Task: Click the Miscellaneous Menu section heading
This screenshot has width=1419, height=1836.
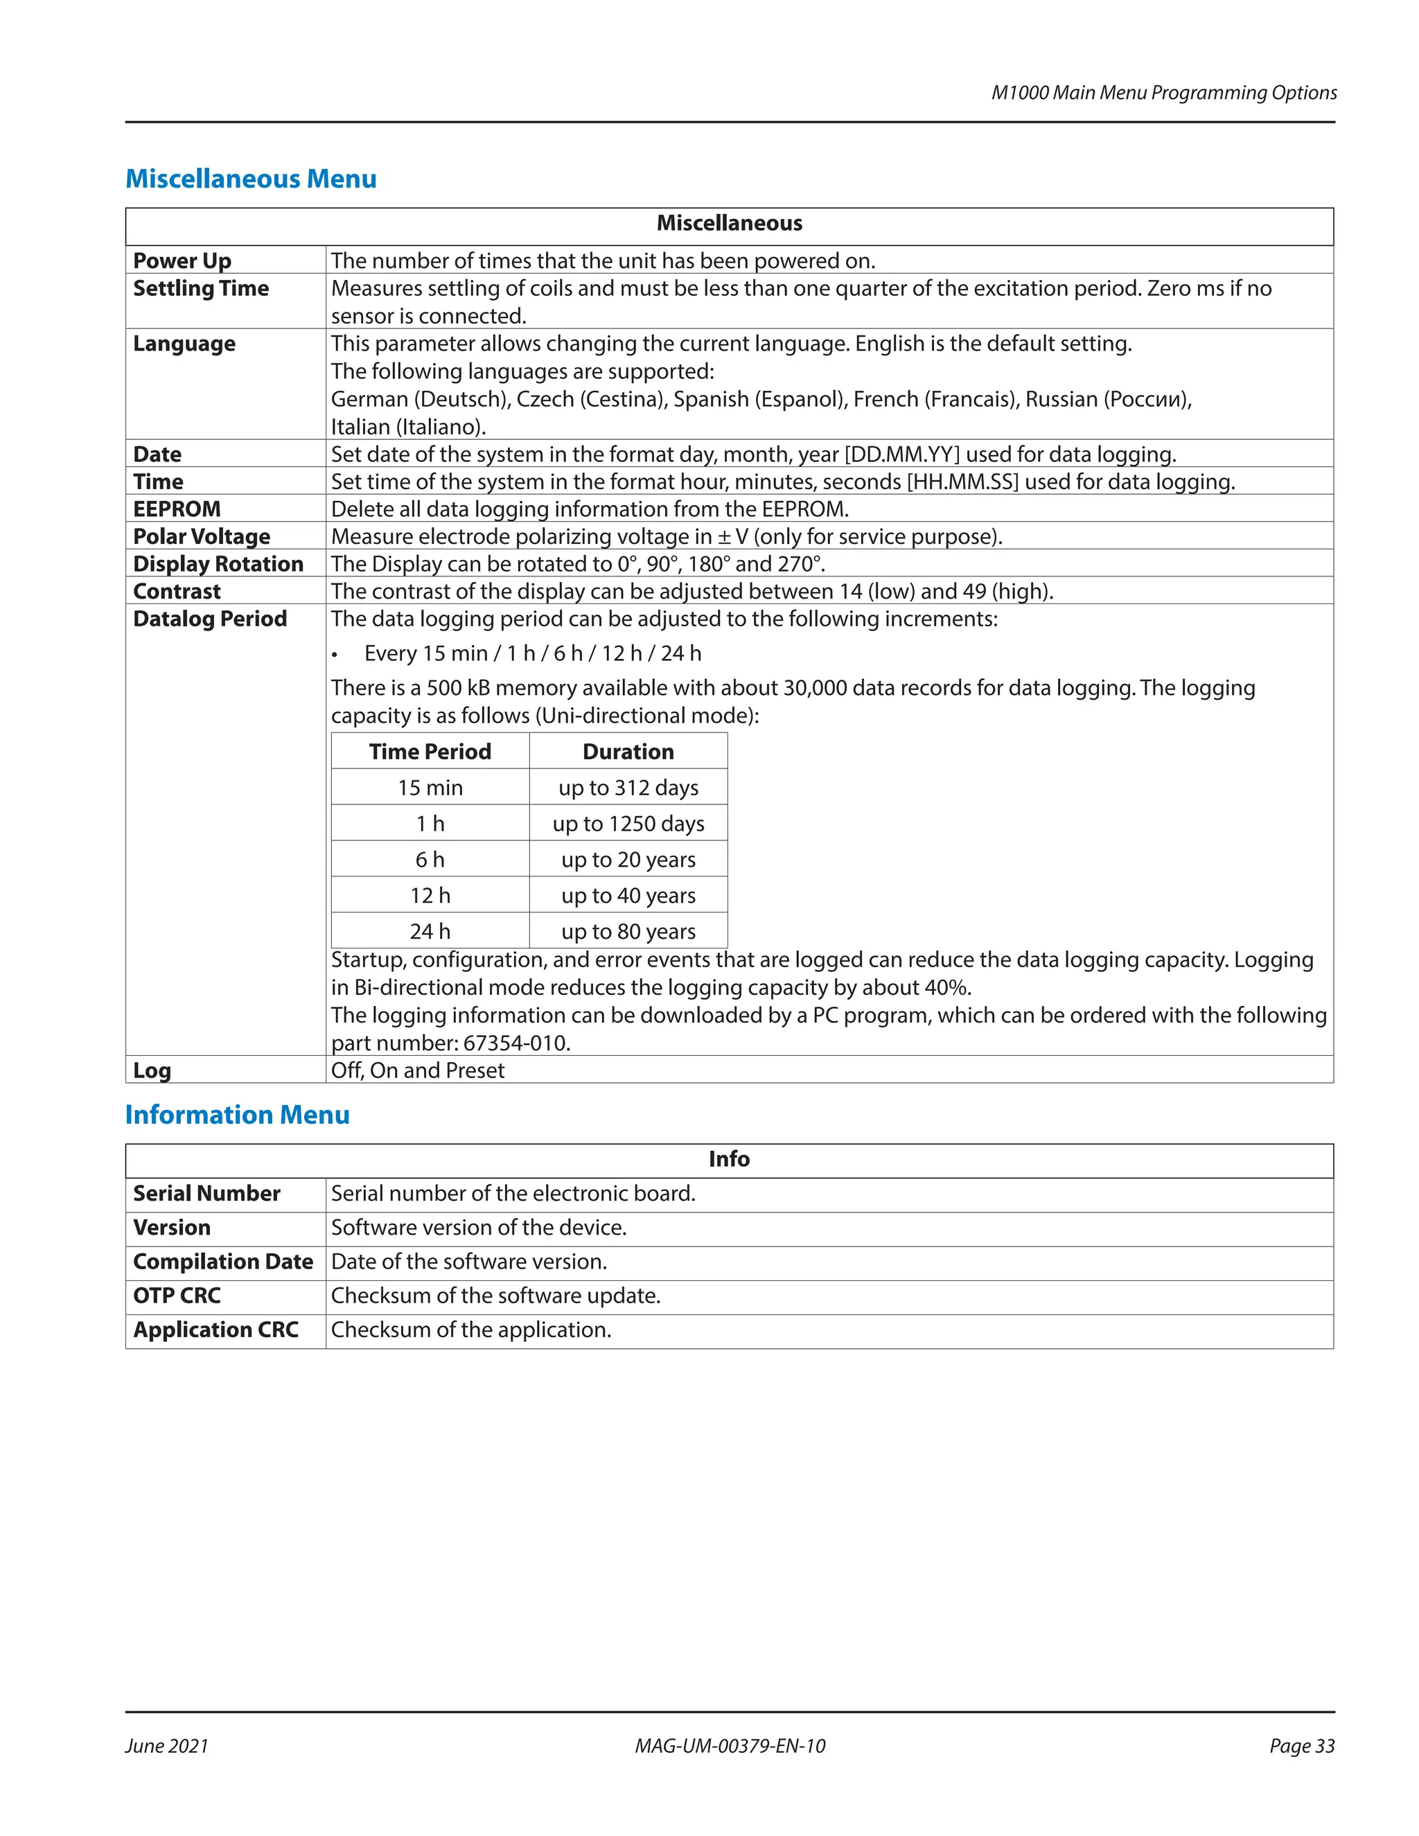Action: point(251,179)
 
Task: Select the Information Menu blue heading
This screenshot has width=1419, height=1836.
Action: point(237,1115)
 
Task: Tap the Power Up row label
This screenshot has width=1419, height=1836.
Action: point(182,261)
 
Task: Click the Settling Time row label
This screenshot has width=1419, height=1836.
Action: point(201,288)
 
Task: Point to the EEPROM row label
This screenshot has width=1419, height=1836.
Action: point(177,509)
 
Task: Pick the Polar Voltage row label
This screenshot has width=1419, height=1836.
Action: point(201,536)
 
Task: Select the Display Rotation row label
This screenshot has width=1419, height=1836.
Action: point(218,564)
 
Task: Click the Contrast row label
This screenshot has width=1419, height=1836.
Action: point(177,591)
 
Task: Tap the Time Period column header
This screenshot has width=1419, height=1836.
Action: point(430,752)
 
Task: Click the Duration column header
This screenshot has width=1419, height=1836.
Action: point(628,752)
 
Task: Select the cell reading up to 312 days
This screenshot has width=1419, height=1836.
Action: point(628,788)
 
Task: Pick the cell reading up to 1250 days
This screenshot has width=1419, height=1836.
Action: point(628,824)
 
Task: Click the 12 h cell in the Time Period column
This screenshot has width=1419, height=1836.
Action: point(430,895)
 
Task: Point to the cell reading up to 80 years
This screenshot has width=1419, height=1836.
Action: point(628,931)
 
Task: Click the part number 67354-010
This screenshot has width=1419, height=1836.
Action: point(516,1043)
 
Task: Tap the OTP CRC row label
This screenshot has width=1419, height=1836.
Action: point(177,1296)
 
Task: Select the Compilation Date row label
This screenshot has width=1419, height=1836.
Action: point(223,1262)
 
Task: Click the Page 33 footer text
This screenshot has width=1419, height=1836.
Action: point(1301,1746)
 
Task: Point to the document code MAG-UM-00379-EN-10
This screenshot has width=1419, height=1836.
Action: point(730,1746)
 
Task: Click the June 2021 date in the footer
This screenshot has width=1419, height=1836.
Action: point(166,1746)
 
